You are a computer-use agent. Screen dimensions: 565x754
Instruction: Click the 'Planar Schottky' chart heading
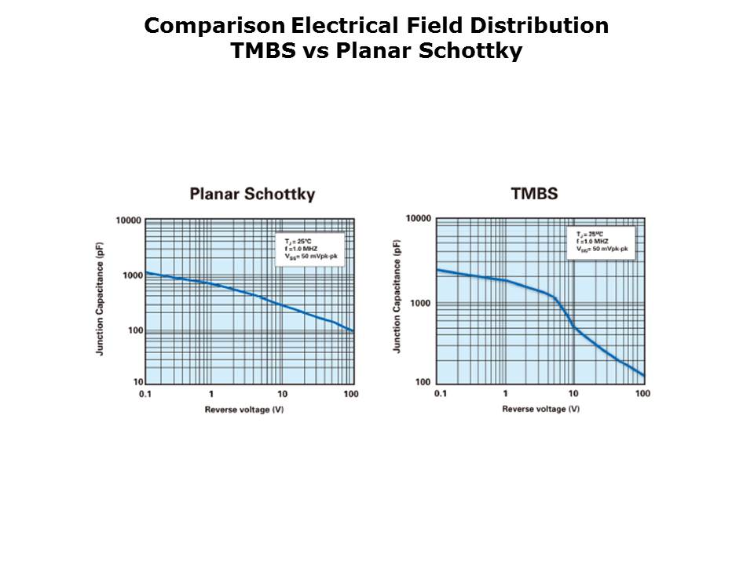click(252, 194)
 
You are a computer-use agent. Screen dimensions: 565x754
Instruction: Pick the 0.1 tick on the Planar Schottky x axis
click(145, 393)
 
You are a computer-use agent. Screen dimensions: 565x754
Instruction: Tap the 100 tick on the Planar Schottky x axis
click(351, 393)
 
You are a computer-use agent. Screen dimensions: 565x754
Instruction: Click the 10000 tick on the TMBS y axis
click(419, 218)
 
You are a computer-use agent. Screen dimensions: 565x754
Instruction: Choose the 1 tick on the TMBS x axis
click(505, 393)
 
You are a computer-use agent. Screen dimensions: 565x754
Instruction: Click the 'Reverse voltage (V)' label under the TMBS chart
click(541, 409)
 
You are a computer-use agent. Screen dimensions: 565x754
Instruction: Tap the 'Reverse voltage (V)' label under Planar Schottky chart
click(244, 409)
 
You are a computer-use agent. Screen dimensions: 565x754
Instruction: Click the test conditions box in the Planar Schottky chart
click(310, 248)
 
